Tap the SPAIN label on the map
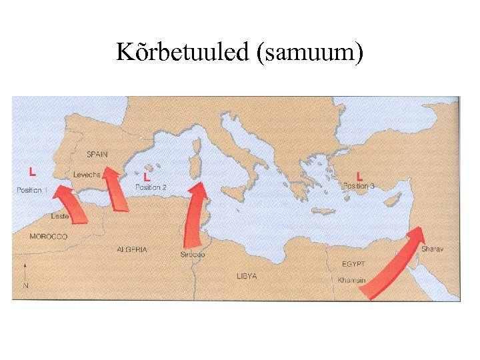(x=97, y=154)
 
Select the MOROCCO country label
(x=49, y=237)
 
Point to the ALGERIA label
(x=132, y=249)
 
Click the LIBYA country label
(x=246, y=275)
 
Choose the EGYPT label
(x=355, y=264)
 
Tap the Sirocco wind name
(x=193, y=255)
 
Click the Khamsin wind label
(x=351, y=280)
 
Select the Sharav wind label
(x=432, y=249)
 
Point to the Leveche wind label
(x=87, y=175)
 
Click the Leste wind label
(x=60, y=216)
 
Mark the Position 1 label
(x=31, y=191)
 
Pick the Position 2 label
(x=151, y=187)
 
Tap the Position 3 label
(x=359, y=186)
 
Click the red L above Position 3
(x=360, y=176)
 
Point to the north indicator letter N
(x=26, y=285)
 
